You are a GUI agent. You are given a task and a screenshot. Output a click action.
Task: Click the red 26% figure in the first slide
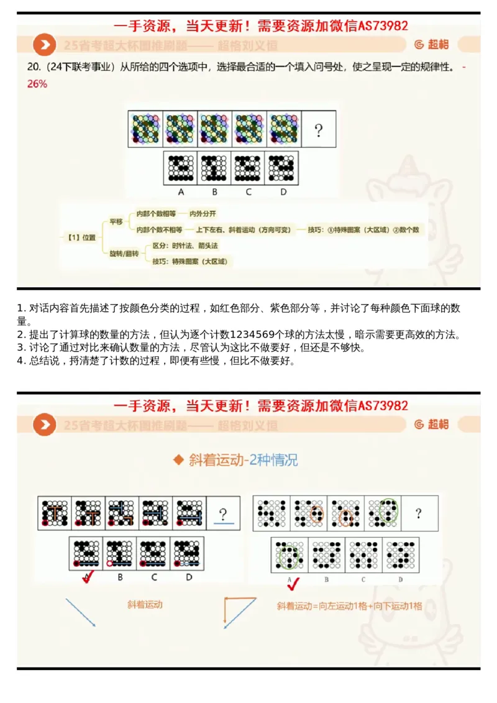(37, 84)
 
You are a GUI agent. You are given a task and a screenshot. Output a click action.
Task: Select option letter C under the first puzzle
(248, 191)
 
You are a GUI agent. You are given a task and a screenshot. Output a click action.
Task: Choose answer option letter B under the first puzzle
(214, 191)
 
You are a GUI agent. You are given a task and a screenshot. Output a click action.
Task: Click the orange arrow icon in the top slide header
(44, 45)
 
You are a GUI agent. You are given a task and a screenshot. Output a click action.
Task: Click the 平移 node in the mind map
(116, 221)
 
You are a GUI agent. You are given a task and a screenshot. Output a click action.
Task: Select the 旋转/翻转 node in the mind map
(124, 254)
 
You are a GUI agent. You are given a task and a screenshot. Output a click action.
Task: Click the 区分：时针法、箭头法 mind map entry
(185, 246)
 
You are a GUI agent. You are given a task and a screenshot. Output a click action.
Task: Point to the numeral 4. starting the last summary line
(21, 361)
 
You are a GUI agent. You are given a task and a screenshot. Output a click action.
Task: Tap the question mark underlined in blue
(223, 514)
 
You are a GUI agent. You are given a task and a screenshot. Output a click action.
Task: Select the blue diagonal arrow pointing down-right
(80, 612)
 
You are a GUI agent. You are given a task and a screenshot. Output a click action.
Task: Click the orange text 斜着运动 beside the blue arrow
(145, 604)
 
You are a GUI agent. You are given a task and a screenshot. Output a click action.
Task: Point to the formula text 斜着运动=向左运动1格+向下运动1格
(349, 605)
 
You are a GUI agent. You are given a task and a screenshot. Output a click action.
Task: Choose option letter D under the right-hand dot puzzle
(401, 579)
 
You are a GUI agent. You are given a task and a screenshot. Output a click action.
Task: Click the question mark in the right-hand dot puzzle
(419, 513)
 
